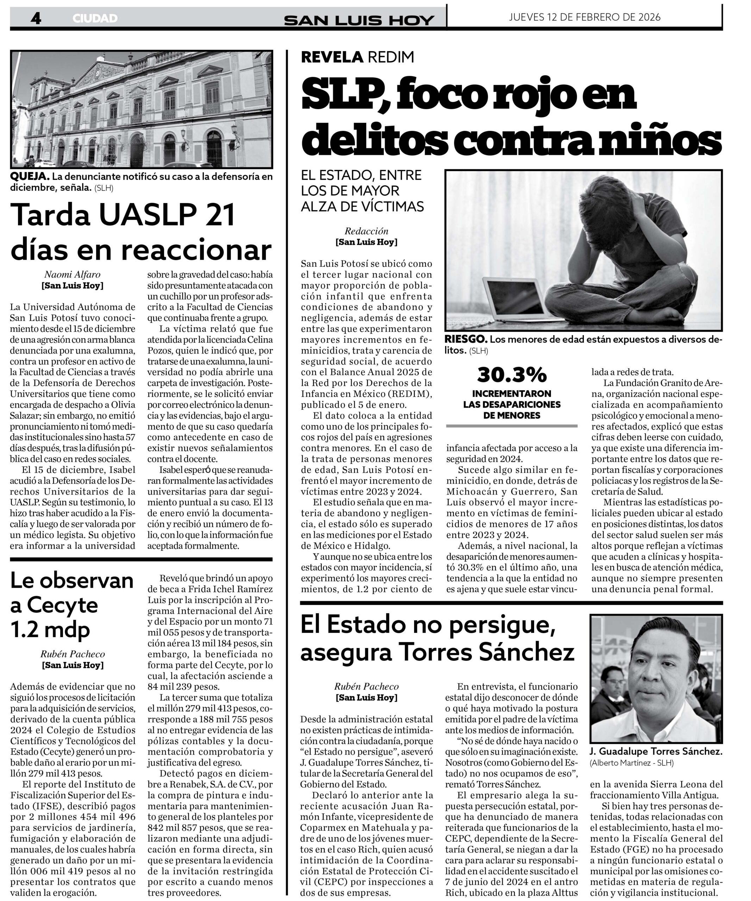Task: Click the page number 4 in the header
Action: [x=36, y=18]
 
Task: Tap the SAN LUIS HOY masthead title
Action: [x=359, y=20]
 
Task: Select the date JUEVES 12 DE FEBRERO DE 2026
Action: [x=584, y=17]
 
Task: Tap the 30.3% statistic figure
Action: [x=512, y=374]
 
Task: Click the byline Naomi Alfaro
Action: [x=72, y=275]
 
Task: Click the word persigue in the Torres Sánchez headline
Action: [x=500, y=625]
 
